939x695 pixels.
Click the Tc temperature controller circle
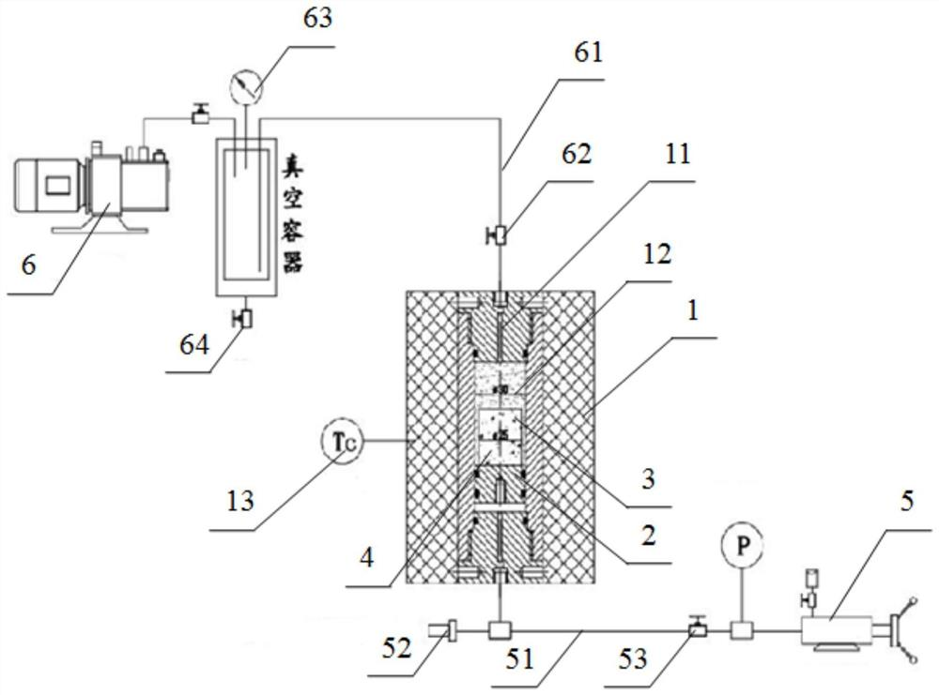coord(341,439)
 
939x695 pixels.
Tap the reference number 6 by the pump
coord(29,264)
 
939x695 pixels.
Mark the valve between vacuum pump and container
coord(199,115)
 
